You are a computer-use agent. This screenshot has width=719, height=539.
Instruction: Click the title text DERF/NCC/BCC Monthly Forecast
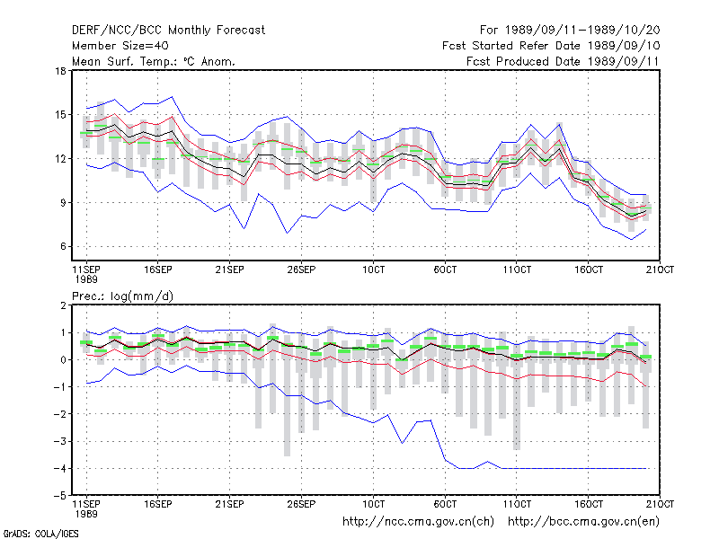[168, 31]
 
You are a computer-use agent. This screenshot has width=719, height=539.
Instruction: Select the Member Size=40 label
[120, 46]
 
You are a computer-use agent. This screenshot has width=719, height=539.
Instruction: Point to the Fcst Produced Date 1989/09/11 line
[563, 61]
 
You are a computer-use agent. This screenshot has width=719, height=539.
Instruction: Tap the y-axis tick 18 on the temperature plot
[60, 71]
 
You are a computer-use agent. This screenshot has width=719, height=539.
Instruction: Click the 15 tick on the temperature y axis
[60, 115]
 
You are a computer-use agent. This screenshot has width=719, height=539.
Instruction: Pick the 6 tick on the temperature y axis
[63, 246]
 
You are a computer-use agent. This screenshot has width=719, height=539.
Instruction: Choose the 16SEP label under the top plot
[158, 269]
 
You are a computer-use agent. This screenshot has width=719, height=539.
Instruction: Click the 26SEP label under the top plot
[301, 269]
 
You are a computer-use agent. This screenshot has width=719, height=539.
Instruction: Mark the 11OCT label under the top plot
[517, 269]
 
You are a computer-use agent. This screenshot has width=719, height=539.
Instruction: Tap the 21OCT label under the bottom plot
[660, 504]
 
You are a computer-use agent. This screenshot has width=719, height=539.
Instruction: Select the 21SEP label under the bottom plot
[229, 504]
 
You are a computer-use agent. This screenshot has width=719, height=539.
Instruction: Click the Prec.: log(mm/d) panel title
[122, 296]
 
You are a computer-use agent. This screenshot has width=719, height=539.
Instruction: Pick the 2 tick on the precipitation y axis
[63, 305]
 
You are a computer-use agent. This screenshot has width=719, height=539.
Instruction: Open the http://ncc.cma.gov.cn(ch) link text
[418, 522]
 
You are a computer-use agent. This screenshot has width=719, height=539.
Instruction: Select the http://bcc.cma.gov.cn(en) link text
[583, 522]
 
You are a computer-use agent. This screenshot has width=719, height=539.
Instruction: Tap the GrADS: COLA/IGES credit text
[40, 534]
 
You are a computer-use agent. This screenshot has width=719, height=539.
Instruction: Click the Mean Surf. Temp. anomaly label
[153, 61]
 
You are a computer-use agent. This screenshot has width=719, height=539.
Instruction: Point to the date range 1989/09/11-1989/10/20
[582, 31]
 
